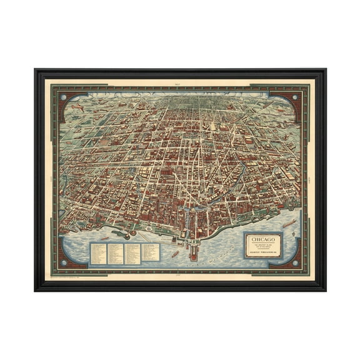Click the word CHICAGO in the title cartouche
(263, 238)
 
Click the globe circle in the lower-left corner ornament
(64, 261)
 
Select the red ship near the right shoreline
(289, 222)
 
